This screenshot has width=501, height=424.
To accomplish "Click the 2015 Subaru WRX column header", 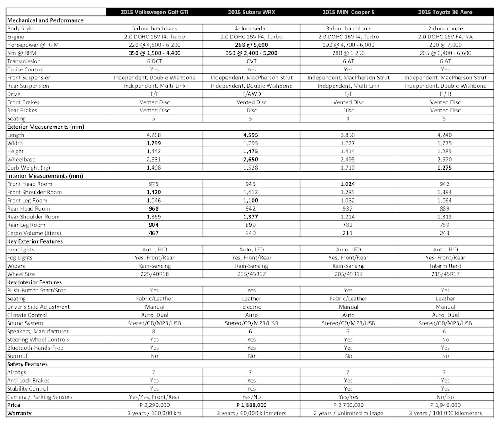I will (251, 12).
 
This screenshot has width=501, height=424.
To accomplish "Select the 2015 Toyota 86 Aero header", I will (445, 12).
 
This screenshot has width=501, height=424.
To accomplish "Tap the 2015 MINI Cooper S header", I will (348, 12).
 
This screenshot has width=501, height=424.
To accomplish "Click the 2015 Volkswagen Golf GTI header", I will (154, 12).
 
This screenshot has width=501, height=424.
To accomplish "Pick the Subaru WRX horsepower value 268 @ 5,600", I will (251, 45).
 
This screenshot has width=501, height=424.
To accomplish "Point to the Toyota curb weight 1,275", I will (445, 168).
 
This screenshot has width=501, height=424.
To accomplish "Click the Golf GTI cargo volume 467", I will (154, 233).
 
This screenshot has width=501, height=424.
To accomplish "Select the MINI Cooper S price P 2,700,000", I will (348, 405).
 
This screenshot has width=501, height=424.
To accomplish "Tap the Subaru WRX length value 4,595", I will (251, 135).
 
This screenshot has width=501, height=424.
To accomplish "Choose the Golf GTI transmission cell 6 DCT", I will (154, 61).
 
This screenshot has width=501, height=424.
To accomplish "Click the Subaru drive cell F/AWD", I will (251, 94).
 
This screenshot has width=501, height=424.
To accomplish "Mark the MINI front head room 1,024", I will (348, 184).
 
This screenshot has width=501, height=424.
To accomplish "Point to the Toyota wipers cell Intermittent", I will (445, 266).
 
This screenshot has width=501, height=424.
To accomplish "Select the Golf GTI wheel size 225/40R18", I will (154, 274).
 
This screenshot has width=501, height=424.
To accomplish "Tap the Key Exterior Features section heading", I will (35, 241).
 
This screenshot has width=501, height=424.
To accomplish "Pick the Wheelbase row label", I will (21, 160).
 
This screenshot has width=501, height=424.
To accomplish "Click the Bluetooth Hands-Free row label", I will (35, 348).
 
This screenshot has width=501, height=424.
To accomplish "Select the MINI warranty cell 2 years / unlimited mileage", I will (348, 414).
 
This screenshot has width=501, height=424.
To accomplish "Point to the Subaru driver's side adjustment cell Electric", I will (251, 307).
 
